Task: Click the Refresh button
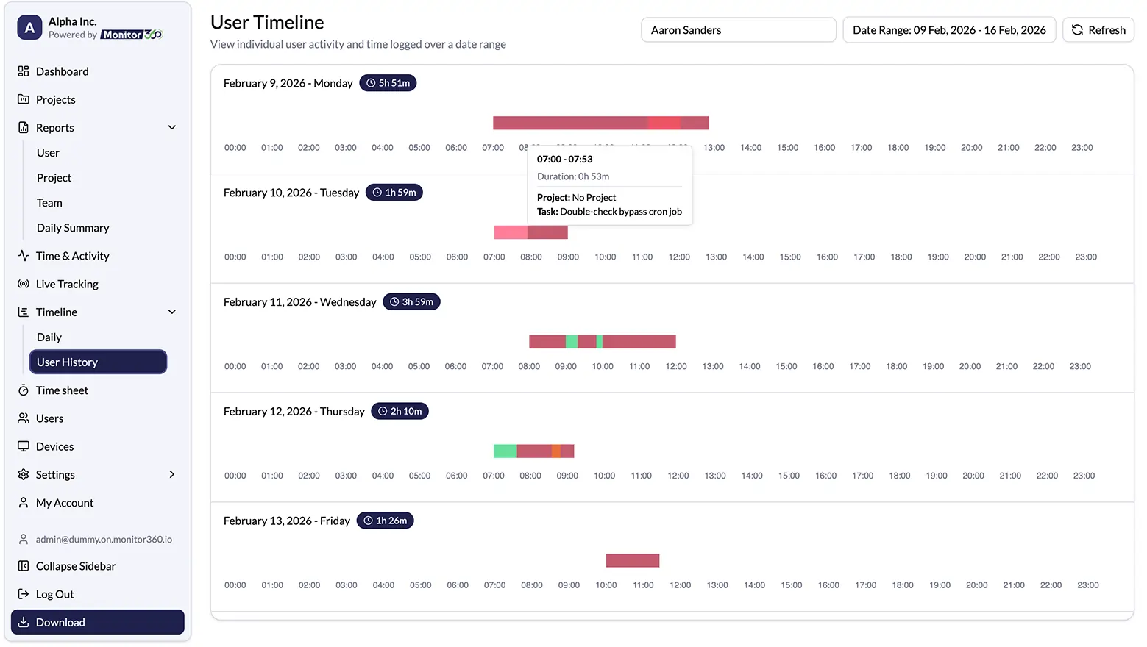tap(1098, 30)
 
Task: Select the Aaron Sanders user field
tap(738, 30)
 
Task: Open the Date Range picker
tap(948, 30)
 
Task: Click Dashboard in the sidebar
tap(62, 71)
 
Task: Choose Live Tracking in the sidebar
tap(67, 284)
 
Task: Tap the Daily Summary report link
tap(73, 228)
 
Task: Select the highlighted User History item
tap(98, 362)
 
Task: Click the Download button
tap(98, 622)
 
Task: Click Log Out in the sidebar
tap(54, 594)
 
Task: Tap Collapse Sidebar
tap(75, 566)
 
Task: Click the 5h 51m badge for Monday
tap(388, 83)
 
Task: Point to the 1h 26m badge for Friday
tap(385, 521)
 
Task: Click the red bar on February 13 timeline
tap(632, 561)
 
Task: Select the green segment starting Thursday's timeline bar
tap(505, 451)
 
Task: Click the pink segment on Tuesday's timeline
tap(511, 233)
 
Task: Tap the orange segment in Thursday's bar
tap(556, 451)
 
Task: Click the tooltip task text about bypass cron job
tap(620, 212)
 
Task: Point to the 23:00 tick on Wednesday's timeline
tap(1079, 366)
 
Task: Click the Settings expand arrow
tap(172, 475)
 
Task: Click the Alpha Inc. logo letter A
tap(29, 28)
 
